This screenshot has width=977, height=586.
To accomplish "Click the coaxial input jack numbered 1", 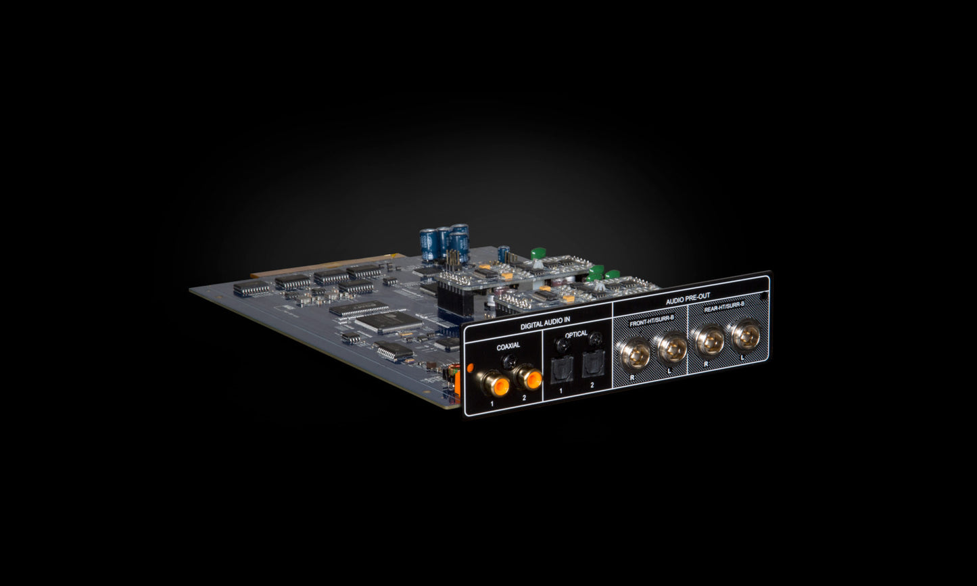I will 497,385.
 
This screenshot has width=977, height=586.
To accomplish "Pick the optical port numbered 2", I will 593,364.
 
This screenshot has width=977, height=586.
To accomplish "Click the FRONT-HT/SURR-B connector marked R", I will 636,354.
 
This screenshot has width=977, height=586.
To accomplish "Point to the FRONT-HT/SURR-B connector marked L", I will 672,347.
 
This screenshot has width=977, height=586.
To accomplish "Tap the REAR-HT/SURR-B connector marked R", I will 709,341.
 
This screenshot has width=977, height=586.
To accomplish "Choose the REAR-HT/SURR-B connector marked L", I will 746,335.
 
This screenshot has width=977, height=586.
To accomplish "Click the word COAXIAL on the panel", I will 508,347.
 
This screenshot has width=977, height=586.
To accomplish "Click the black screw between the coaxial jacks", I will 509,362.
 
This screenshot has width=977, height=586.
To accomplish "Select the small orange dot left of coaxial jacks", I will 471,368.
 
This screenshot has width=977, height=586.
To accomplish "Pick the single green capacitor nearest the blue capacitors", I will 538,253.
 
